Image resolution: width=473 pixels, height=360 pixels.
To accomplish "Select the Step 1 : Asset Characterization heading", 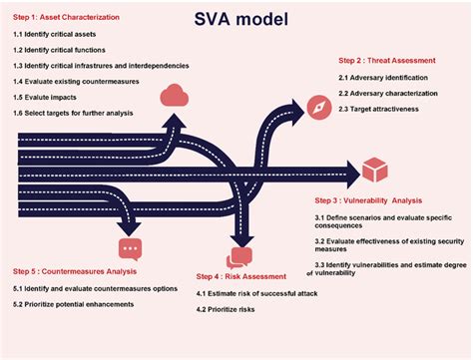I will pos(72,18).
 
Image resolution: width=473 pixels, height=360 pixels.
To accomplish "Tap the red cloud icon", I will pos(176,96).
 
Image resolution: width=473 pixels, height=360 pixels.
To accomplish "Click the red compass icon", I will pos(318,109).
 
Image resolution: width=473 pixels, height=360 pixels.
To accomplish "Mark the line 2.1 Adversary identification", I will pos(385,78).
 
